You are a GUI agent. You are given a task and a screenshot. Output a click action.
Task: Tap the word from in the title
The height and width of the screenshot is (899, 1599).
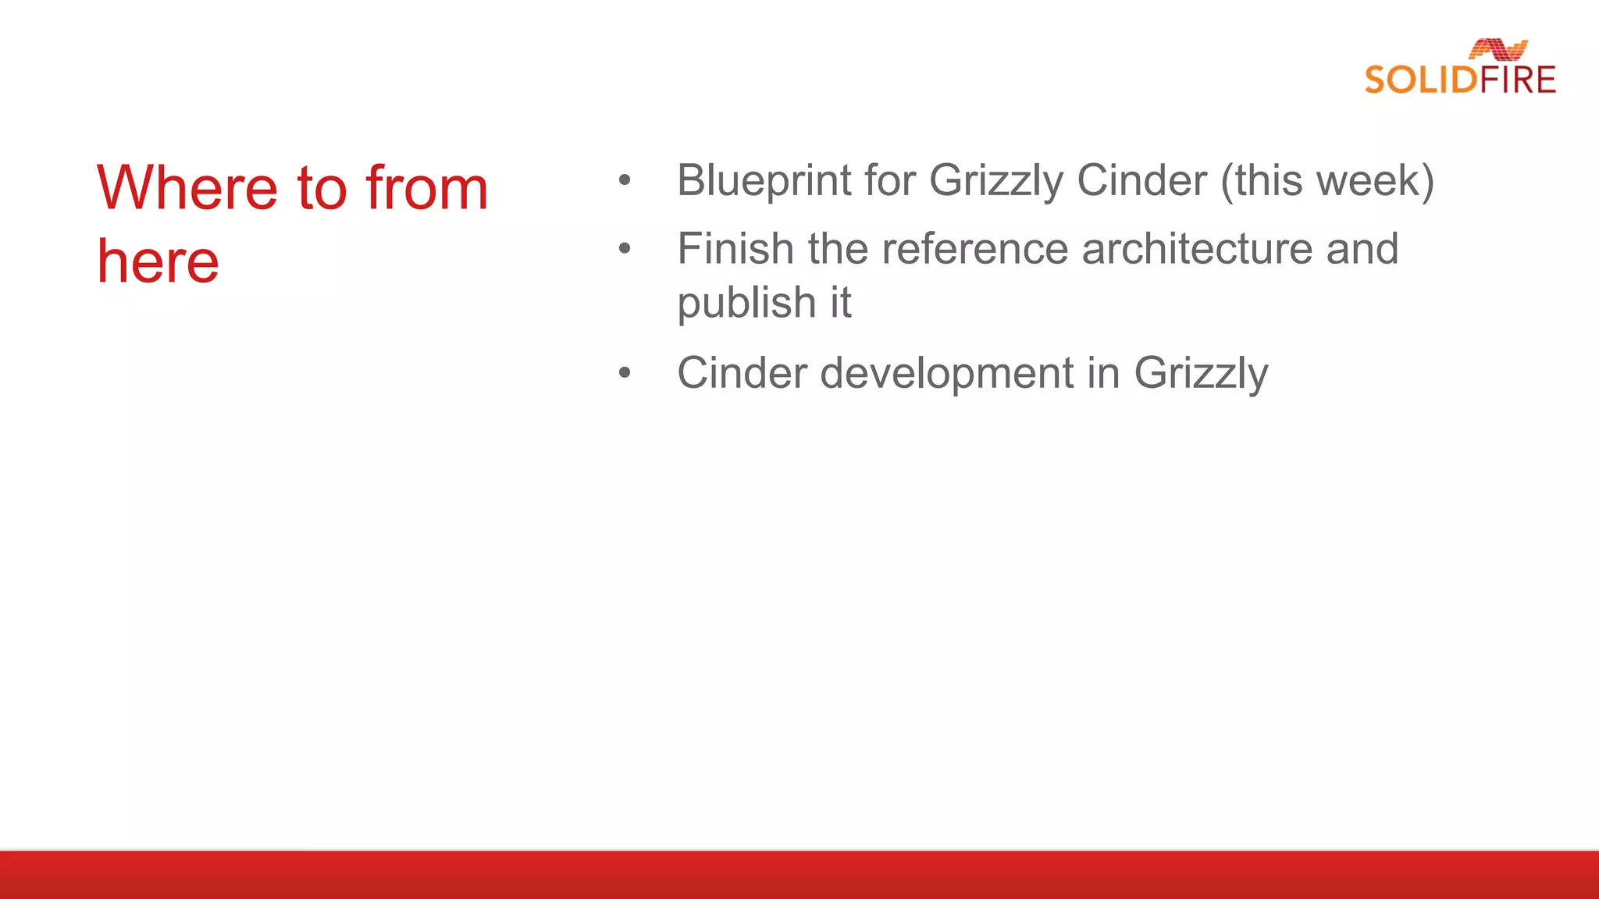[x=427, y=188]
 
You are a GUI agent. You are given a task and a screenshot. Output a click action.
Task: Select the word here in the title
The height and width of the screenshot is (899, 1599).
[x=158, y=261]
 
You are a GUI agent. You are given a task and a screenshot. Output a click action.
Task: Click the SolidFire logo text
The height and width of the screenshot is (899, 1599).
[x=1460, y=80]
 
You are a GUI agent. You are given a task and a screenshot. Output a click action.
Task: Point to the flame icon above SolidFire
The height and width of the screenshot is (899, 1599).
[x=1498, y=49]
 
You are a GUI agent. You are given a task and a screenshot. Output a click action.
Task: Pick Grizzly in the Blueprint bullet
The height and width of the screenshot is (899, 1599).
[x=996, y=181]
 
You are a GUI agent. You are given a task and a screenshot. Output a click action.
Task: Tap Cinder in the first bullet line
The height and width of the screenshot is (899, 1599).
[x=1142, y=181]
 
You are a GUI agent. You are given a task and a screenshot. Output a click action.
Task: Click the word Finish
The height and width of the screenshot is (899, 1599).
[x=735, y=249]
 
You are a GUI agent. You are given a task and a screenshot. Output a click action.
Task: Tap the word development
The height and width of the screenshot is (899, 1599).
[x=947, y=373]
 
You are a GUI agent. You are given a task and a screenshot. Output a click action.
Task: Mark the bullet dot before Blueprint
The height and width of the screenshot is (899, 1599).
[x=624, y=181]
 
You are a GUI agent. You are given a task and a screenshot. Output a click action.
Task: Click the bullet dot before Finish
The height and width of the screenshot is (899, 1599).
[x=624, y=249]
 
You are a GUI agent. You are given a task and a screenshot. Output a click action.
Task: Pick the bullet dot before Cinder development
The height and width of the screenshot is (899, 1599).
[x=624, y=373]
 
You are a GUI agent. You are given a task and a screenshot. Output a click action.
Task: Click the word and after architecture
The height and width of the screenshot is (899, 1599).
[x=1362, y=249]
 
